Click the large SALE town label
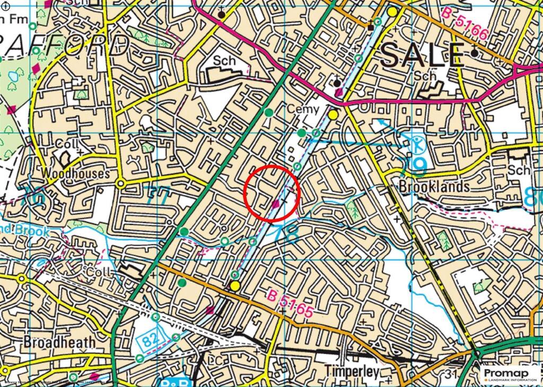tap(422, 55)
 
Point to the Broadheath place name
tap(59, 343)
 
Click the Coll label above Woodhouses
tap(68, 144)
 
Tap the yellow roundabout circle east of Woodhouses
tap(121, 183)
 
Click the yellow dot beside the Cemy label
tap(333, 114)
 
